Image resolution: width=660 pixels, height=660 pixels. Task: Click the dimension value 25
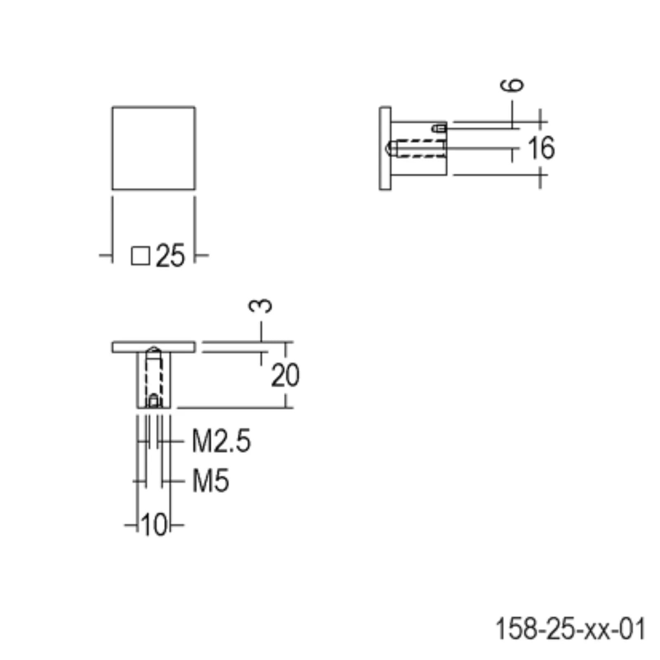tap(170, 256)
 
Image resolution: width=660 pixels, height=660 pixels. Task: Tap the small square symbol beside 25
tap(140, 256)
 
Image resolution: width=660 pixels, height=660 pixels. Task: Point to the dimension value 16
tap(542, 148)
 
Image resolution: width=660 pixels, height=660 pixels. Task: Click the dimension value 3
tap(261, 306)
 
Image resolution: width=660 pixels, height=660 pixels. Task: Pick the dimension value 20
tap(285, 375)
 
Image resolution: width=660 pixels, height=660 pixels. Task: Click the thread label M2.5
tap(222, 441)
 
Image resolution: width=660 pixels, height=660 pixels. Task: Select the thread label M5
tap(210, 481)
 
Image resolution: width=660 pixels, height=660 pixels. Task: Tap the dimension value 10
tap(154, 525)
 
